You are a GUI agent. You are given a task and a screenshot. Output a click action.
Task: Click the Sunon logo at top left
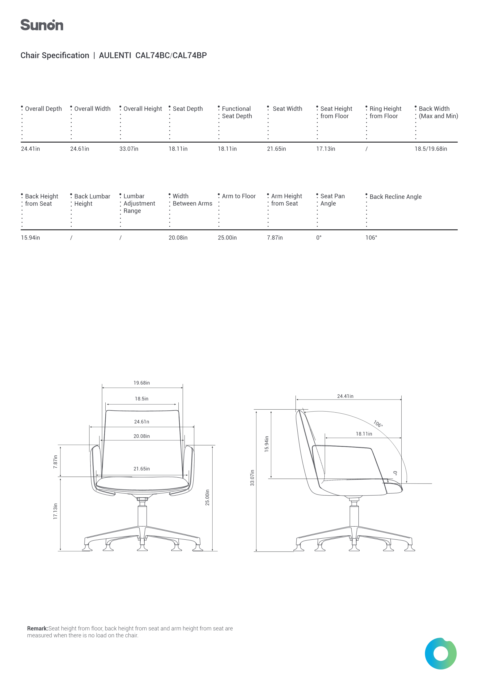coord(42,25)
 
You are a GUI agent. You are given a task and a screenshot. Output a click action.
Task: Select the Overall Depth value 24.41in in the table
coord(30,149)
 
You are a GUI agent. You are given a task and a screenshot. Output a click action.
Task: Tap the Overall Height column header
coord(143,109)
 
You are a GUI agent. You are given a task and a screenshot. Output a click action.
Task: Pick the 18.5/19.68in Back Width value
coord(431,149)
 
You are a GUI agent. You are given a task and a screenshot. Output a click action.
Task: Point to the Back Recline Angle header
coord(395,197)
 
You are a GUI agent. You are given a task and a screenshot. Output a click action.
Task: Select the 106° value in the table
coord(371,238)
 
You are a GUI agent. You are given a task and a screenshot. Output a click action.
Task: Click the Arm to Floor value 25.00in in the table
coord(227,238)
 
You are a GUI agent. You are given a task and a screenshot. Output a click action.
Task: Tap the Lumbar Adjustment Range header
coord(139,203)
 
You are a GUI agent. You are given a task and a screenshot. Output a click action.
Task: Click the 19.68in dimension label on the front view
coord(142,383)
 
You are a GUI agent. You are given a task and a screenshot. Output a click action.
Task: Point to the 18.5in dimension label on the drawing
coord(142,399)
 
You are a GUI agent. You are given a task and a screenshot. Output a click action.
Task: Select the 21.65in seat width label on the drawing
coord(142,469)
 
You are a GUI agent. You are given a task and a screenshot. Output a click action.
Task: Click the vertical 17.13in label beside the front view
coord(55,511)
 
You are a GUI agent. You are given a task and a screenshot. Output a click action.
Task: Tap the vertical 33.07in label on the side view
coord(252,478)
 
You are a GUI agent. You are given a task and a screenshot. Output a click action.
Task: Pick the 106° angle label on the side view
coord(378,424)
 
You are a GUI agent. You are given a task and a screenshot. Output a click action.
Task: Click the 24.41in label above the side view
coord(345,396)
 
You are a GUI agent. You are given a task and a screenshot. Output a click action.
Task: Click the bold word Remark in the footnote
coord(38,628)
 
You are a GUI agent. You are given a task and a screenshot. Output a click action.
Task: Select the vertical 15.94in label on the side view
coord(267,444)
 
